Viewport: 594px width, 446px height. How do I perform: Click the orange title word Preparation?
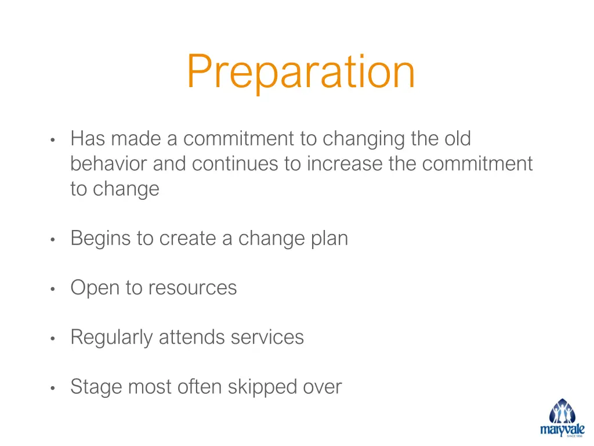[300, 72]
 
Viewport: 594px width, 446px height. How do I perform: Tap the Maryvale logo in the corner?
[562, 418]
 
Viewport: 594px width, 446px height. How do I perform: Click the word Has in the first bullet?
[88, 139]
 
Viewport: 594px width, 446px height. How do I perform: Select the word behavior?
[109, 164]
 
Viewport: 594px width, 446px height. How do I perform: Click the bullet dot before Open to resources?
[52, 289]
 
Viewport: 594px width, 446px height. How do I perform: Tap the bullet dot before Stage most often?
[52, 387]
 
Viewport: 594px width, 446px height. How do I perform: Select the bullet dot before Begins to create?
[52, 239]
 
